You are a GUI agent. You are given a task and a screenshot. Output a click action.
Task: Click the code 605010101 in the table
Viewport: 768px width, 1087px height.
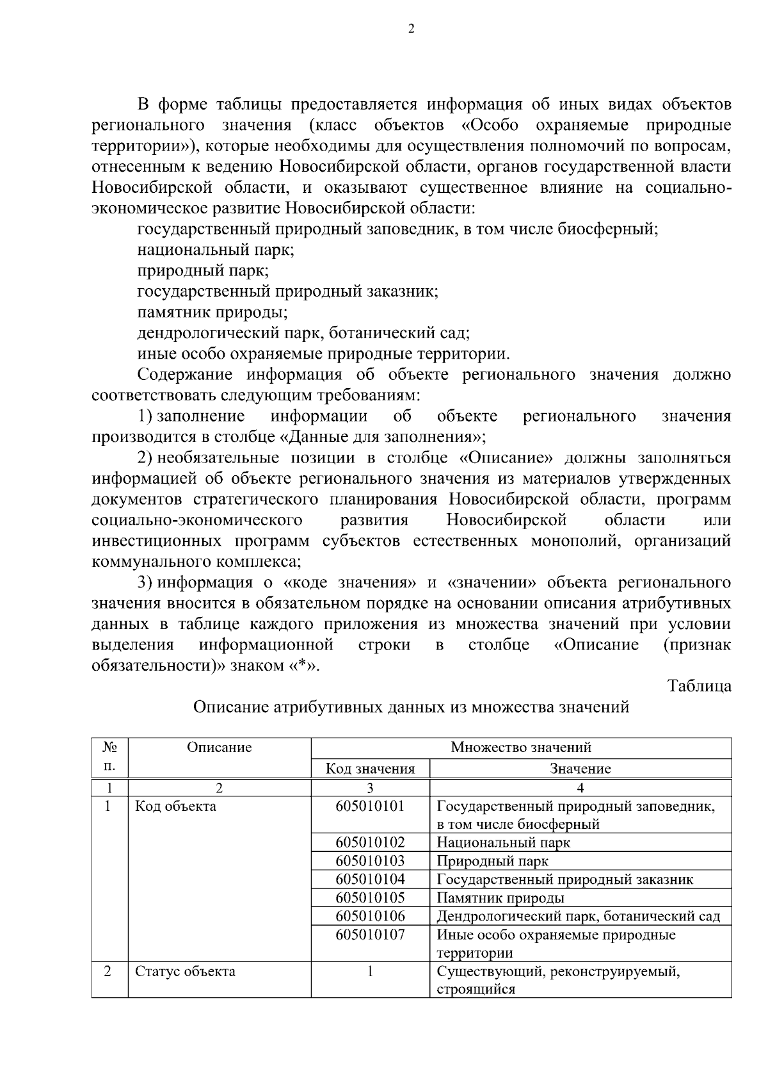[x=370, y=806]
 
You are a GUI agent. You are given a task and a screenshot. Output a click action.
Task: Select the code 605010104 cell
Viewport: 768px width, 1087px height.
[x=370, y=879]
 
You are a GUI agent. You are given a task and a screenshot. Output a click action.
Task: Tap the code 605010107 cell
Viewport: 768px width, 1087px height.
[x=370, y=935]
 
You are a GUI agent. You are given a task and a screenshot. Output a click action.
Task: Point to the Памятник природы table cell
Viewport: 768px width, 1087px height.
[x=500, y=898]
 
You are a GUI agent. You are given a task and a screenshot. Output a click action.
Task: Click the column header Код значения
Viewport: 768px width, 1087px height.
[x=370, y=769]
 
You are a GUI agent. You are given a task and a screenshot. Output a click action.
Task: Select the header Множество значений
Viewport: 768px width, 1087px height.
[x=520, y=748]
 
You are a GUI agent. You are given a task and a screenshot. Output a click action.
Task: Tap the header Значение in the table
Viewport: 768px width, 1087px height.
[x=580, y=769]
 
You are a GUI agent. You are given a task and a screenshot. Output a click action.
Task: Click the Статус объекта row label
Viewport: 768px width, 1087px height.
[x=185, y=972]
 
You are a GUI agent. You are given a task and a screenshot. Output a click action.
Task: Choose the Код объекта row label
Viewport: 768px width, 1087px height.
[x=175, y=806]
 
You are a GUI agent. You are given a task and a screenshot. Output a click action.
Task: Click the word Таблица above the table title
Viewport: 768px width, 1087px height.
[x=699, y=686]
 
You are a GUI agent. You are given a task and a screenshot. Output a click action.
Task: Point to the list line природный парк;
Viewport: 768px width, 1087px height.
[x=203, y=271]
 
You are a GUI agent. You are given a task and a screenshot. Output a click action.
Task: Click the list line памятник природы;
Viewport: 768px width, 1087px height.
[x=212, y=313]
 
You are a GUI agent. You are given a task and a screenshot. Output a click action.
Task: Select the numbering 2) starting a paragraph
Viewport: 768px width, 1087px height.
[x=145, y=458]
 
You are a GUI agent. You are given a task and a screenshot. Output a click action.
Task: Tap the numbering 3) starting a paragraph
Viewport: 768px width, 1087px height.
[x=145, y=582]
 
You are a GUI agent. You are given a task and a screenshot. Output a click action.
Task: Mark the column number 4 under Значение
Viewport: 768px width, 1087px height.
[x=580, y=788]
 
